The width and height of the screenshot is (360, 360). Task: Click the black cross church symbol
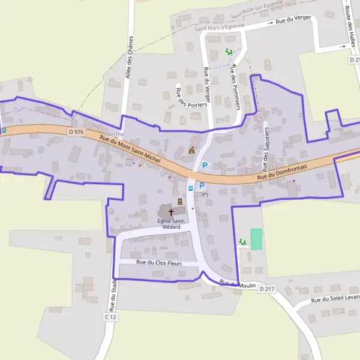click(x=171, y=212)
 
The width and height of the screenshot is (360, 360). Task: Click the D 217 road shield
click(x=266, y=289)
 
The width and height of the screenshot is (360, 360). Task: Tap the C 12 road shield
click(x=109, y=316)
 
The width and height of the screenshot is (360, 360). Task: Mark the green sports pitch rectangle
click(x=256, y=239)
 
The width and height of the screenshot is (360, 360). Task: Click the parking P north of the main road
click(x=205, y=166)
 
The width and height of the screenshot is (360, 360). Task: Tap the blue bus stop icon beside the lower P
click(x=191, y=188)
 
